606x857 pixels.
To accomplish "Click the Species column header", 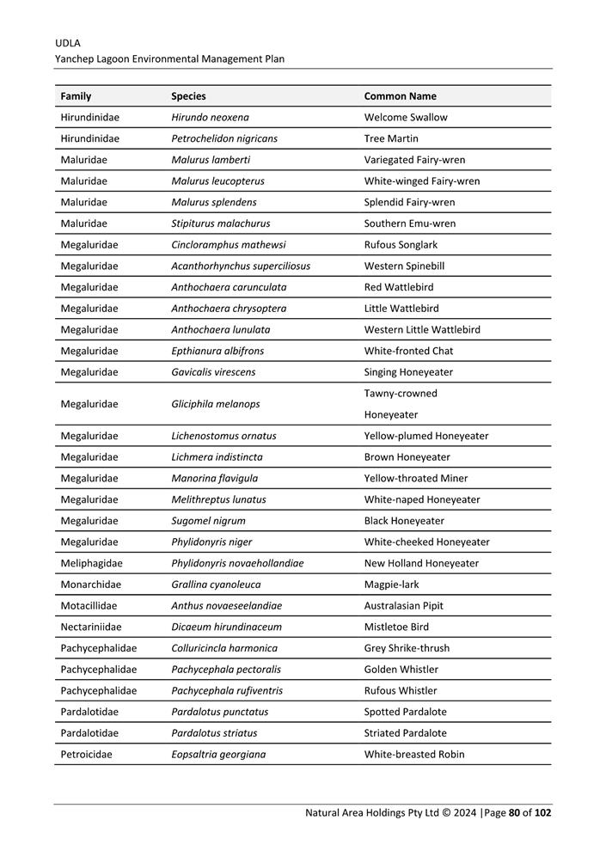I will pyautogui.click(x=188, y=96).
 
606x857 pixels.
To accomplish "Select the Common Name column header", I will pyautogui.click(x=400, y=96).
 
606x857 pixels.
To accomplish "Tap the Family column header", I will pyautogui.click(x=76, y=96).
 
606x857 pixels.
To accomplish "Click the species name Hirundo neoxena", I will pyautogui.click(x=210, y=118).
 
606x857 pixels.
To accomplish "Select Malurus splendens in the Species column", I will pyautogui.click(x=213, y=203).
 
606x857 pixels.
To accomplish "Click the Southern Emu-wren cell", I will pyautogui.click(x=410, y=223).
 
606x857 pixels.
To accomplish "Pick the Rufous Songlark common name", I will pyautogui.click(x=401, y=245).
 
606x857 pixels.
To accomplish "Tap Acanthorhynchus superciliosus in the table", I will pyautogui.click(x=241, y=266).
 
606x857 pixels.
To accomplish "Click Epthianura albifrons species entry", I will pyautogui.click(x=217, y=351).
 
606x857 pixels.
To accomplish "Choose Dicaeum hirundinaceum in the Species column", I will pyautogui.click(x=226, y=627).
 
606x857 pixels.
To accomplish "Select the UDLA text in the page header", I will pyautogui.click(x=68, y=42).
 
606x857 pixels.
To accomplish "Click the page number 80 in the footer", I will pyautogui.click(x=515, y=812).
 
